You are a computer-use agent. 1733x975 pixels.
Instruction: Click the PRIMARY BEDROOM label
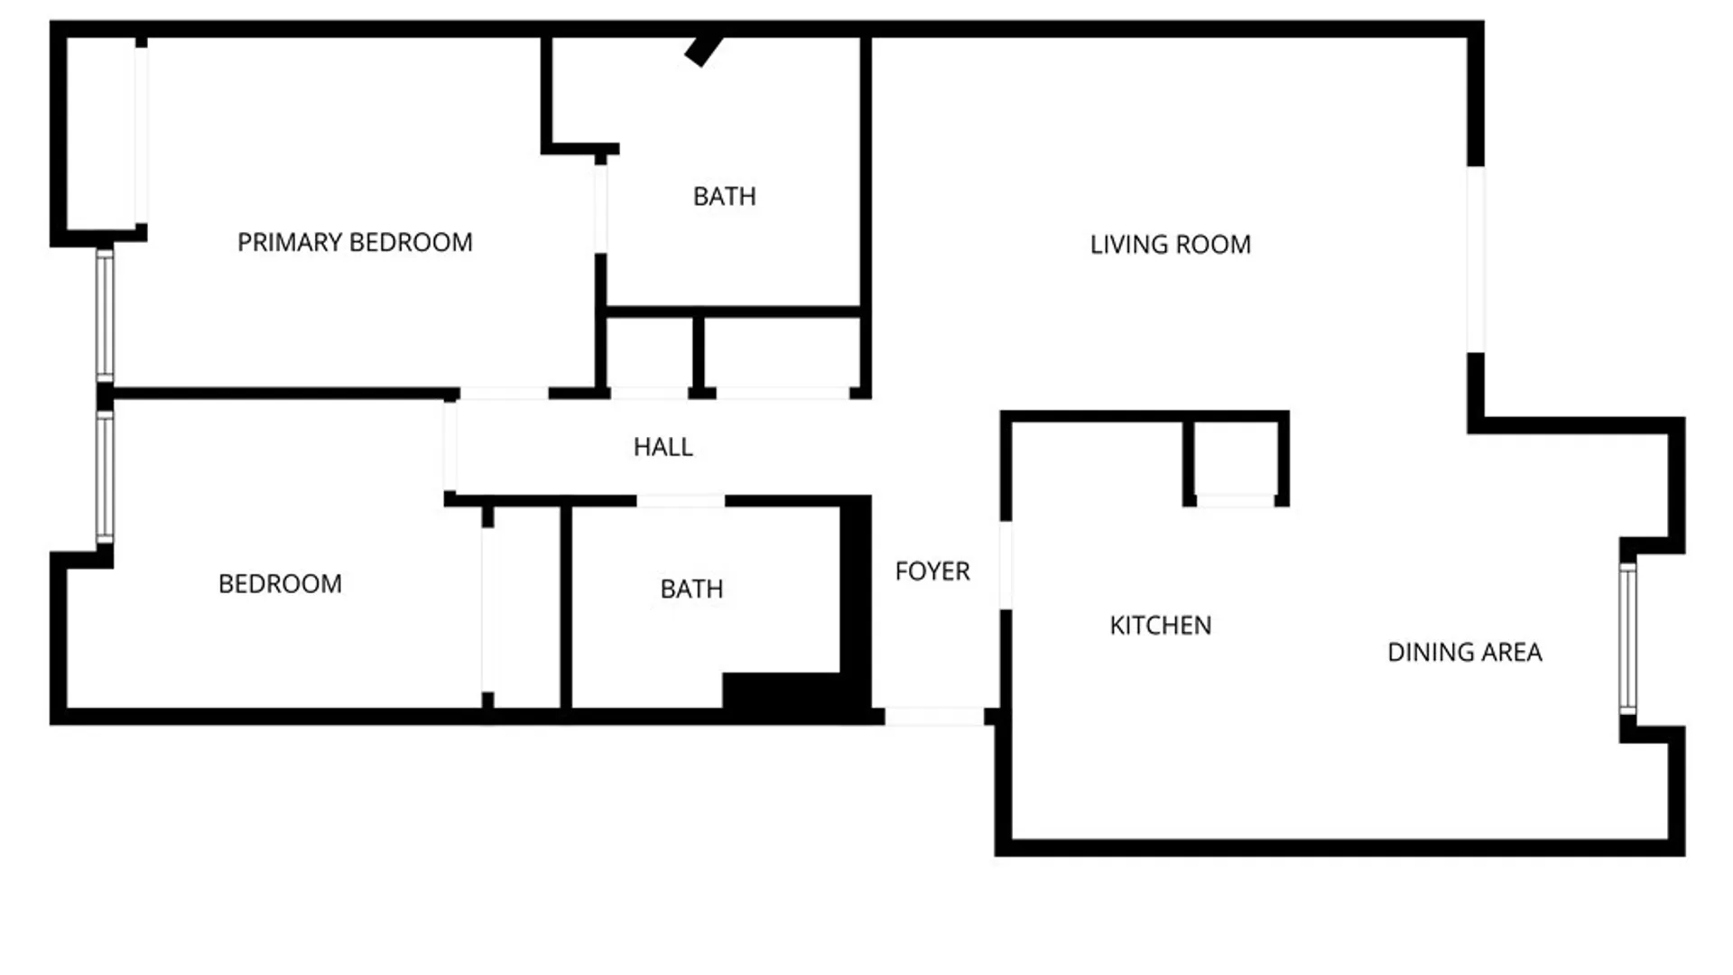coord(355,243)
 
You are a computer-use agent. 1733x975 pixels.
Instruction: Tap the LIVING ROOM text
coord(1170,245)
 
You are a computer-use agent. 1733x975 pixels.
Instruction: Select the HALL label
coord(663,447)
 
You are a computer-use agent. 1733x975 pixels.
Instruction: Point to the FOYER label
coord(932,571)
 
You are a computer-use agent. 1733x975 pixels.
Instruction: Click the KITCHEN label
coord(1160,626)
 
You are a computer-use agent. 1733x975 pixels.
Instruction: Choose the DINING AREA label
coord(1464,653)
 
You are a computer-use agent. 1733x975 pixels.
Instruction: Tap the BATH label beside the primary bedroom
coord(724,197)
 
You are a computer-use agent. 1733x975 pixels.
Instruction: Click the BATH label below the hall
coord(691,590)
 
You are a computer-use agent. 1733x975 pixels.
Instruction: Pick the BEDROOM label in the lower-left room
coord(280,584)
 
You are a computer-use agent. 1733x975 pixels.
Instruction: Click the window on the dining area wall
coord(1627,638)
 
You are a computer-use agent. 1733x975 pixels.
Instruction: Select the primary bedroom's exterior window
coord(105,315)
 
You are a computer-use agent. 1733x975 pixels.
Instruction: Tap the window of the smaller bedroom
coord(105,478)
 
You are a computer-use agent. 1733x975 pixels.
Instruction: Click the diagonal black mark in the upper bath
coord(703,51)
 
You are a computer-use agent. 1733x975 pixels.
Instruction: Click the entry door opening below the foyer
coord(933,717)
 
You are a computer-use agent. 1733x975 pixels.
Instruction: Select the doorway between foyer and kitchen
coord(1006,565)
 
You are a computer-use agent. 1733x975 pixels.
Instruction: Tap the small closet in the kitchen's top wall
coord(1234,460)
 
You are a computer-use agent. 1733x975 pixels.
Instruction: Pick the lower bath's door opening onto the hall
coord(681,501)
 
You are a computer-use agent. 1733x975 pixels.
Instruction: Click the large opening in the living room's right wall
coord(1476,259)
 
